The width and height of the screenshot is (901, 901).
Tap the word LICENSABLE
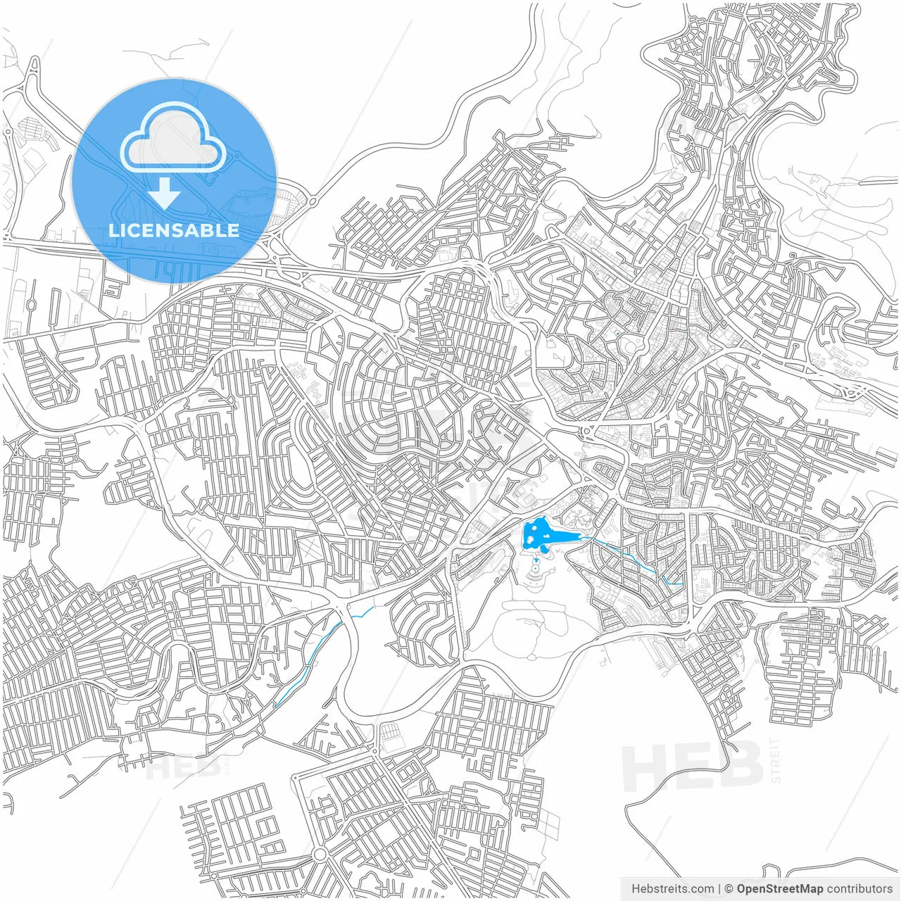174,230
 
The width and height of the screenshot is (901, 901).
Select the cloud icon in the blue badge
173,137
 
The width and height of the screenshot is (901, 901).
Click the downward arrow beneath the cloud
165,193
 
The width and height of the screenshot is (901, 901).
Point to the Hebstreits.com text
672,889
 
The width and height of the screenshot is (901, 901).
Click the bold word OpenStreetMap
780,889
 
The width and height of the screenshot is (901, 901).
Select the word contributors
859,889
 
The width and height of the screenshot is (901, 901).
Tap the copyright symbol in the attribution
729,889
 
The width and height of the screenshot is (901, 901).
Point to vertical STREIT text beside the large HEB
776,760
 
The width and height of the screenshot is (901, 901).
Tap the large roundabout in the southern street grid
320,854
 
